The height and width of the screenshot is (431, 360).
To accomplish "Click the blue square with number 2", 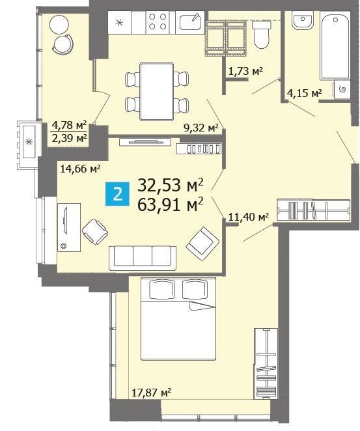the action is click(x=117, y=194).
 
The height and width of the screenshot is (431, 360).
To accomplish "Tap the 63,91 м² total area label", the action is click(x=171, y=205).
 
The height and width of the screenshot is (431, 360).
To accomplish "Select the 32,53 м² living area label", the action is click(x=171, y=185).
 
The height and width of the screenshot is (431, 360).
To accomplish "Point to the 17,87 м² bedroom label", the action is click(x=152, y=392).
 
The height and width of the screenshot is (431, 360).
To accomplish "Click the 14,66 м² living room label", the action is click(x=80, y=168).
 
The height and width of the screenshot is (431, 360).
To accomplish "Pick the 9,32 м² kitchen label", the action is click(x=201, y=128).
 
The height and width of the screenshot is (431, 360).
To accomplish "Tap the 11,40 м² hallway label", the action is click(x=249, y=217).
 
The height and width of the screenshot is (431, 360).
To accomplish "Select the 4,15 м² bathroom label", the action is click(x=304, y=94).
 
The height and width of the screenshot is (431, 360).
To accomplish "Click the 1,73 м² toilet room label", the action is click(x=245, y=72).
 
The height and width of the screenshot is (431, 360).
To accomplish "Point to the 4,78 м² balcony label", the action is click(x=69, y=126).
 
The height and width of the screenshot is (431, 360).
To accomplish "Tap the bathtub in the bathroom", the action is click(x=335, y=47).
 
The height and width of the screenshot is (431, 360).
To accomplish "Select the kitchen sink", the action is click(x=190, y=22).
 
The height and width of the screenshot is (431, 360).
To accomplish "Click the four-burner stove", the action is click(x=158, y=21).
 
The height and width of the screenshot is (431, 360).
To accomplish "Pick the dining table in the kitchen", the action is click(x=157, y=92).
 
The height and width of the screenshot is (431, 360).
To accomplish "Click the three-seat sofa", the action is click(x=143, y=258).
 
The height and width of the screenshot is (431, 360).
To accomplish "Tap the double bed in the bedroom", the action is click(x=178, y=319).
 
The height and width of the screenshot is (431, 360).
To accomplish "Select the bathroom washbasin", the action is click(x=303, y=20).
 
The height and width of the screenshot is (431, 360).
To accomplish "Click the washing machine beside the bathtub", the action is click(x=342, y=90).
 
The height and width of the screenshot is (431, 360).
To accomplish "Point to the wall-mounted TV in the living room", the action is click(x=145, y=142).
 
